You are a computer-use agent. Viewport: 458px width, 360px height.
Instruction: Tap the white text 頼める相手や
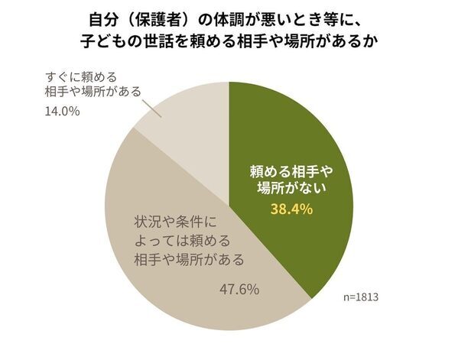[x=294, y=170]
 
